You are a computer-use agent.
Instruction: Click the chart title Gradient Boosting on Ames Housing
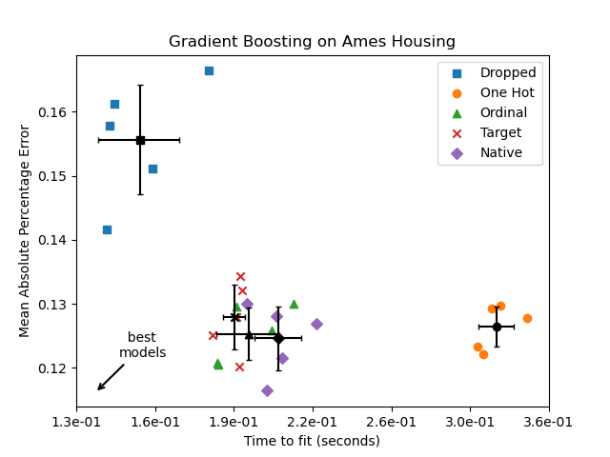tap(312, 42)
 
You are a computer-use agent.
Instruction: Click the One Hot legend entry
tap(506, 93)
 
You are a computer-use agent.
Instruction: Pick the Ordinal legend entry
tap(503, 113)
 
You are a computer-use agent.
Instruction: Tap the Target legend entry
tap(500, 133)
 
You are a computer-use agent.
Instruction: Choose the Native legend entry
tap(500, 153)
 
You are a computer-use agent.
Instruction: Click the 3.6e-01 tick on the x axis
tap(548, 423)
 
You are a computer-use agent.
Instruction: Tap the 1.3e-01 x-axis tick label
tap(77, 423)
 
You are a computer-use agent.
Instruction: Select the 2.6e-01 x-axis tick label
tap(391, 423)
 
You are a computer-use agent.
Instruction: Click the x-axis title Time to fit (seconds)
tap(312, 441)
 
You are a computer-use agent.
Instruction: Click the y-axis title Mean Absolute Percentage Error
tap(25, 230)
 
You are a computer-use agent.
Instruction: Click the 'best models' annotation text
tap(142, 346)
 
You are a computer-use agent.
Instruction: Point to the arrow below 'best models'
tap(110, 377)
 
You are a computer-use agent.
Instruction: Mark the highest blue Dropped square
tap(209, 70)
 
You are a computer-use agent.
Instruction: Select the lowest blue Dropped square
tap(107, 229)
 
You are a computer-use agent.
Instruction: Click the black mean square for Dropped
tap(140, 140)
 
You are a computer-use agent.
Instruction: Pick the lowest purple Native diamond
tap(267, 390)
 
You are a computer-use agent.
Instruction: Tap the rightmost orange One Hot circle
tap(527, 318)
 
